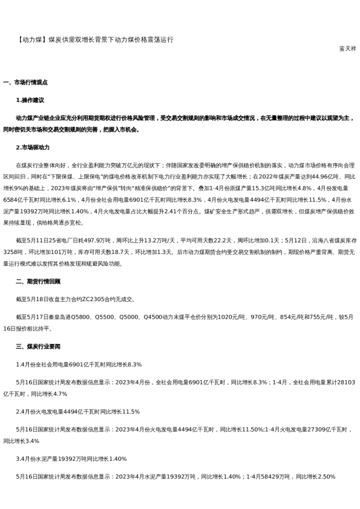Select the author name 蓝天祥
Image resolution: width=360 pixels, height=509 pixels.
pyautogui.click(x=347, y=48)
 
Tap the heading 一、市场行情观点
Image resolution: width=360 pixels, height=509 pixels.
pyautogui.click(x=25, y=82)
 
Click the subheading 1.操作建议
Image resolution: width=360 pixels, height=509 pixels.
pyautogui.click(x=30, y=100)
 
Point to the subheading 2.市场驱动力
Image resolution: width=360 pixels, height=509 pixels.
pyautogui.click(x=33, y=147)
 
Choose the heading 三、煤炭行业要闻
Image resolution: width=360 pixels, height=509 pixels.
pyautogui.click(x=38, y=346)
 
